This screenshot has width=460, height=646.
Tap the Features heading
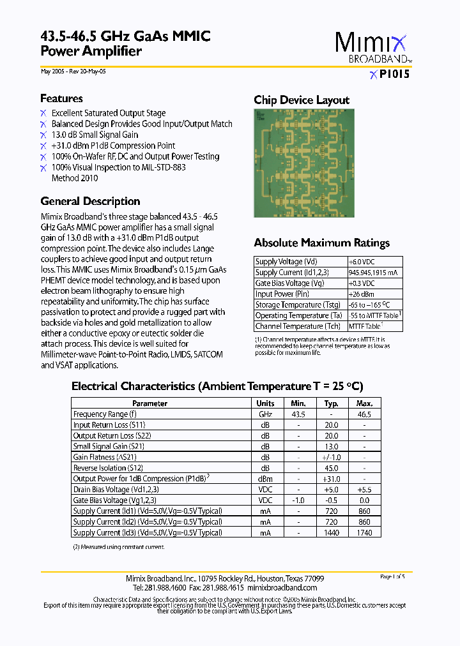(61, 98)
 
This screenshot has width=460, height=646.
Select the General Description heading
(90, 201)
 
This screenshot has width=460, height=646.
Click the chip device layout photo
(303, 163)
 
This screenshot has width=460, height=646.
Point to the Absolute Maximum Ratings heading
(321, 243)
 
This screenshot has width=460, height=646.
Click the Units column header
(265, 403)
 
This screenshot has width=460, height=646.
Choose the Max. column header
(364, 403)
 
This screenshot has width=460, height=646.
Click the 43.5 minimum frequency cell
(298, 414)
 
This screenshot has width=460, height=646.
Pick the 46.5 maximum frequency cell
(364, 414)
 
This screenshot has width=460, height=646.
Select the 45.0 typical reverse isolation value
(331, 468)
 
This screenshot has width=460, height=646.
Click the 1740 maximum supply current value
(364, 532)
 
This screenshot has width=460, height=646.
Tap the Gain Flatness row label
(105, 457)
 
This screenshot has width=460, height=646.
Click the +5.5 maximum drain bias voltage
(364, 490)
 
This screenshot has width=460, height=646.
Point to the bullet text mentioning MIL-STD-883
(118, 167)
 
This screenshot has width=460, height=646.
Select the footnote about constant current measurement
(118, 547)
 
